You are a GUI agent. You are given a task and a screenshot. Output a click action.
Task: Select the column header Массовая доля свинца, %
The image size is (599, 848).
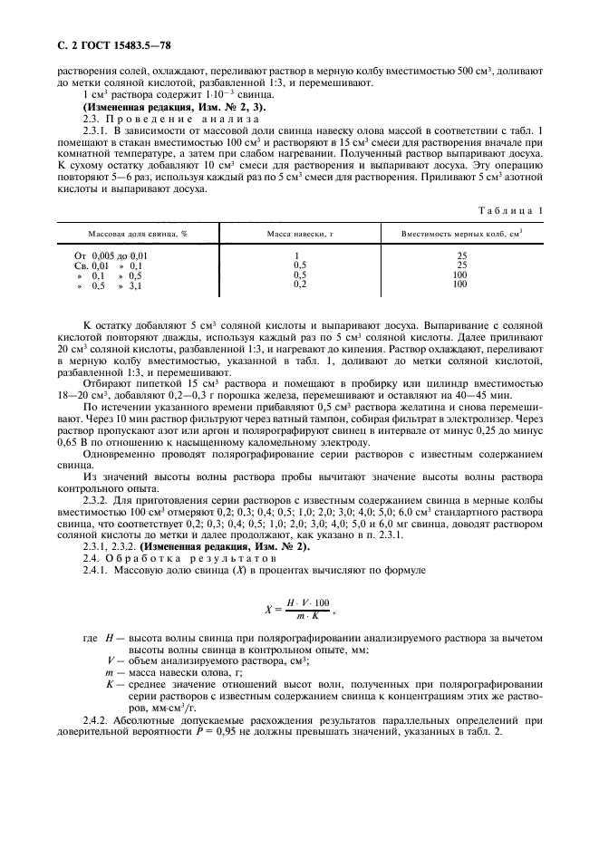[x=138, y=234]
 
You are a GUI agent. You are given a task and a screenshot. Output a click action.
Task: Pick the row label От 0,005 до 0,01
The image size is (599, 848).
[x=110, y=255]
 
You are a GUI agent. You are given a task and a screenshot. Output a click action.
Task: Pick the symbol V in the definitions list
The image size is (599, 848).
[x=109, y=660]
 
